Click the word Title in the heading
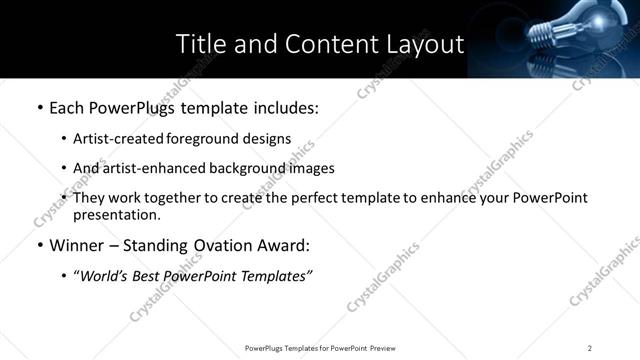[x=200, y=44]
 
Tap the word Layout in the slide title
[x=425, y=44]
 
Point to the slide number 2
[x=590, y=348]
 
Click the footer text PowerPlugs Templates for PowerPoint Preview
[x=319, y=348]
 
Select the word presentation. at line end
[x=116, y=214]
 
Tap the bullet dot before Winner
[x=38, y=246]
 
